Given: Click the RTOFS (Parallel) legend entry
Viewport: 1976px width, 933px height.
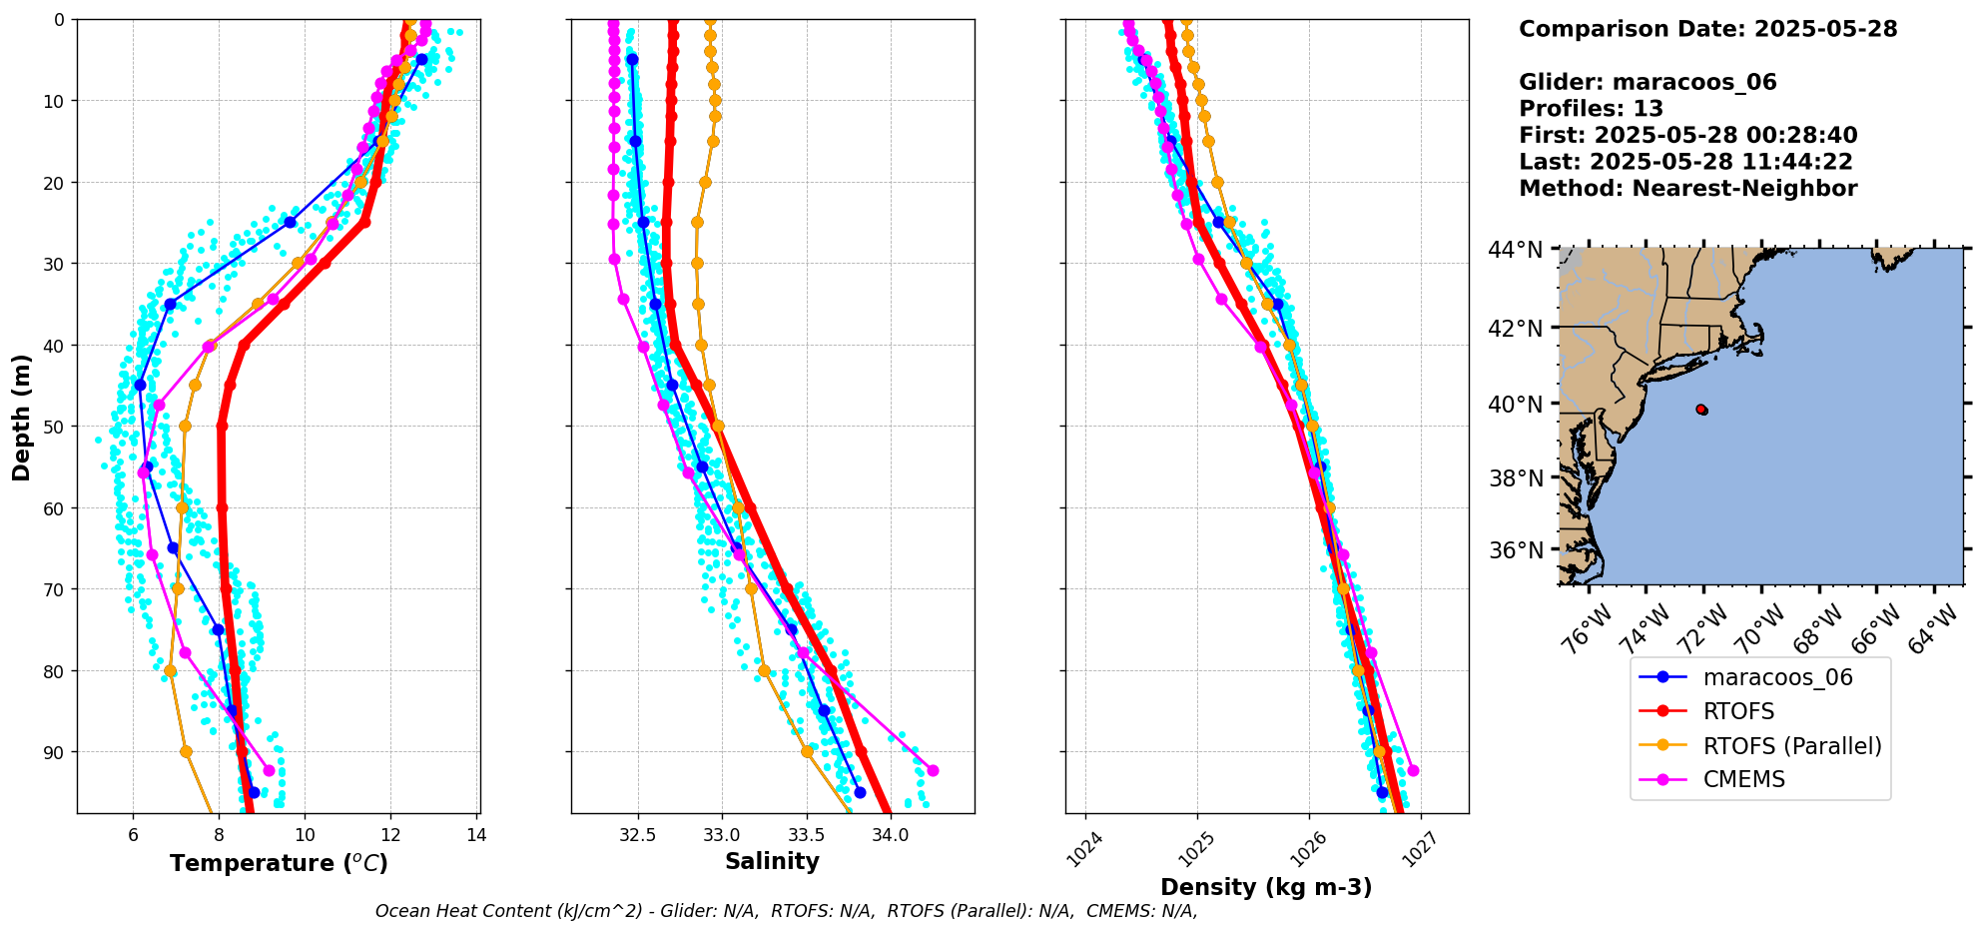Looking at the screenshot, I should click(x=1791, y=745).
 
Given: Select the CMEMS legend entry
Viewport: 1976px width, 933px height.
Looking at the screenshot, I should click(x=1743, y=779).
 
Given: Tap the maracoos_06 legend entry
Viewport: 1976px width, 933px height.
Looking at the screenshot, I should click(x=1777, y=677).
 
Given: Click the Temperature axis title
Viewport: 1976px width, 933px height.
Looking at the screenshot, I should click(x=279, y=863).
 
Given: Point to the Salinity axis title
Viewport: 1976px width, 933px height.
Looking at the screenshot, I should click(x=772, y=861).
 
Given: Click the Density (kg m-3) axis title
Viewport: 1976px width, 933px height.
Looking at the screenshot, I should click(x=1265, y=887).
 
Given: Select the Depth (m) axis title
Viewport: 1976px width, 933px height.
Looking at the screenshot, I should click(x=22, y=417).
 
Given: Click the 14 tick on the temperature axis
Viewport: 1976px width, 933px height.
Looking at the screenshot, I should click(x=476, y=835).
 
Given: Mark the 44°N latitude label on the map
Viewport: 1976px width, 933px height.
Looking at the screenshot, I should click(x=1516, y=249).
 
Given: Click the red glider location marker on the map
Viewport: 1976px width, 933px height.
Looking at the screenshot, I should click(x=1701, y=410).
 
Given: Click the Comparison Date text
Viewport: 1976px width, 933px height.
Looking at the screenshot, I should click(x=1707, y=29).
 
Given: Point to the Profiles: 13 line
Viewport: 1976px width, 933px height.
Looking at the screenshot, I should click(x=1591, y=109).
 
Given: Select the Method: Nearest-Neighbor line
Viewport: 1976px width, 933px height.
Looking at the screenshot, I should click(x=1687, y=189).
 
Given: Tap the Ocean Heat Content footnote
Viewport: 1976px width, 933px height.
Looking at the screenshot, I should click(x=786, y=911).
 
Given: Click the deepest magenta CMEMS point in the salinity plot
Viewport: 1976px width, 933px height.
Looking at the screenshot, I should click(x=933, y=770).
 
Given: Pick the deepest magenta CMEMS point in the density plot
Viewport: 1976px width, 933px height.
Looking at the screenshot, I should click(x=1413, y=770).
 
